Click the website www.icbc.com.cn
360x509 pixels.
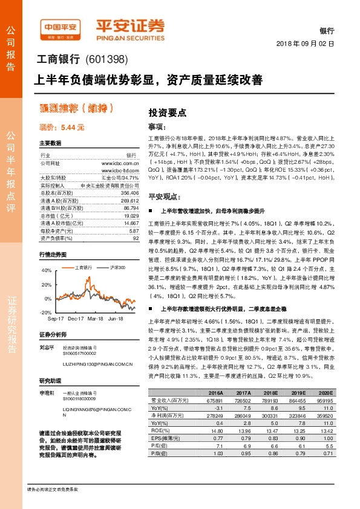(x=124, y=163)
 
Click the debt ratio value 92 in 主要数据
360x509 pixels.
(x=136, y=238)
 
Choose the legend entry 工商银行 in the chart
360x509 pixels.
(x=83, y=267)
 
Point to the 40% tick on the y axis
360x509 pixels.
(x=47, y=270)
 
